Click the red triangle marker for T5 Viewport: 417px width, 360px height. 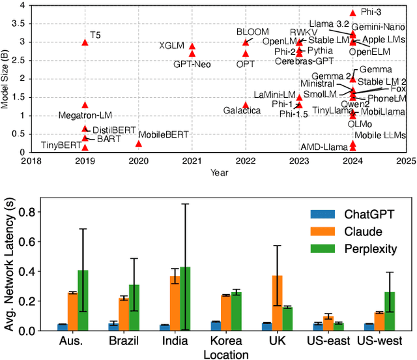pyautogui.click(x=85, y=42)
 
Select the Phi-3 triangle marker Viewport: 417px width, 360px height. pyautogui.click(x=353, y=13)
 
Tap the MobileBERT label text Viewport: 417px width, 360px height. pyautogui.click(x=164, y=134)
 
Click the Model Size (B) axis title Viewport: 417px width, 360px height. pyautogui.click(x=6, y=77)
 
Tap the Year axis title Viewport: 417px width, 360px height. pyautogui.click(x=219, y=173)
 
